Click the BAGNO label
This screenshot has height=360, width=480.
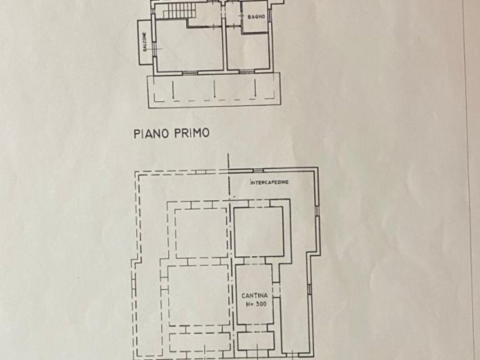tap(256, 17)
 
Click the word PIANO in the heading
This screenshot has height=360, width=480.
tap(150, 134)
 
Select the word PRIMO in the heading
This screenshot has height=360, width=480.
tap(192, 133)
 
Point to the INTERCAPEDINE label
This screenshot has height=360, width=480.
tap(270, 182)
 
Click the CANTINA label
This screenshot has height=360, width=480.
tap(255, 296)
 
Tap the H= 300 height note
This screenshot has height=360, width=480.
tap(256, 304)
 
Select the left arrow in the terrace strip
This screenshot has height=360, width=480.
tap(173, 89)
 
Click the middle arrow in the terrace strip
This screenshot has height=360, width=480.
tap(214, 89)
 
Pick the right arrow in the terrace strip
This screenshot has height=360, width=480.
tap(255, 88)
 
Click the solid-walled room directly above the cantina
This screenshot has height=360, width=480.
tap(259, 232)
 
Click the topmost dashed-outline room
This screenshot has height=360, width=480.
tap(201, 234)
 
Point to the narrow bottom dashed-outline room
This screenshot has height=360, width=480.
tap(200, 345)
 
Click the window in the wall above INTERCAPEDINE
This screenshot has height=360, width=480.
tap(258, 171)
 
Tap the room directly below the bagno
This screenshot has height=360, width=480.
tap(248, 50)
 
